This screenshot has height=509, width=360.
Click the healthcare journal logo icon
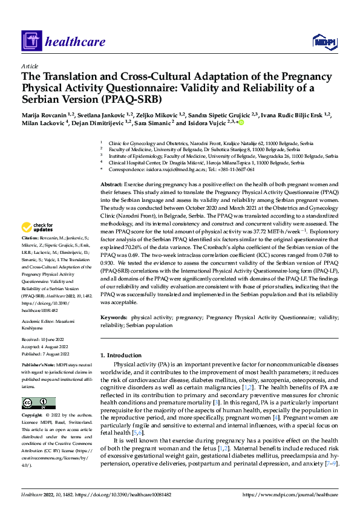[31, 41]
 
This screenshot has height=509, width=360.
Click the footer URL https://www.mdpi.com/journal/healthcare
[289, 494]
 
